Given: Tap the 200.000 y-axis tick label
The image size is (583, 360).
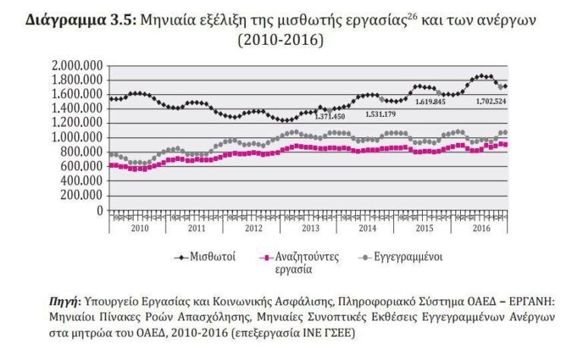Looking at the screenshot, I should pos(82,195).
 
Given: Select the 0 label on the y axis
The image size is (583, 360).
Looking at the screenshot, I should pos(99,210).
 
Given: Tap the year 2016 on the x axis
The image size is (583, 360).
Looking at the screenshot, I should pos(480,228).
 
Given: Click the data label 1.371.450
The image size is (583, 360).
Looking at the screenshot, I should pos(330,115).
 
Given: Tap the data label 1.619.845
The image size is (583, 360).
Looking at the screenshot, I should pos(430,101).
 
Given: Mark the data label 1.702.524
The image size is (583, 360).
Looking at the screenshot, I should pos(491,101).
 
